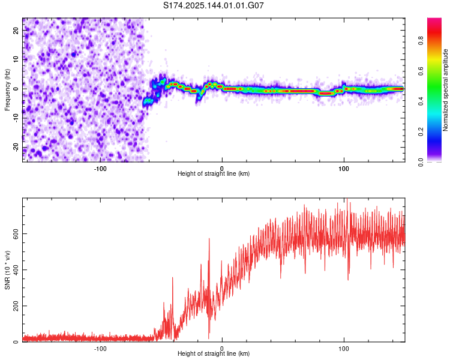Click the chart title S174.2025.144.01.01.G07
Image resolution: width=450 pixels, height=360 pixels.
pos(213,5)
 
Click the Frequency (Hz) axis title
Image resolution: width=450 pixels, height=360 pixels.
pos(7,90)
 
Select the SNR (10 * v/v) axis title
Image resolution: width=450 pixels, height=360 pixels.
pos(7,270)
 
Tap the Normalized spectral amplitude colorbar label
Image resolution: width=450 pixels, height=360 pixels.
pos(445,90)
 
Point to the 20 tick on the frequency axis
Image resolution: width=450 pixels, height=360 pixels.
pos(16,30)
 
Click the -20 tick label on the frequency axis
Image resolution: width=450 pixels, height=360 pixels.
pos(16,148)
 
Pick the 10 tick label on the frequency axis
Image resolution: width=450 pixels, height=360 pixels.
pos(16,59)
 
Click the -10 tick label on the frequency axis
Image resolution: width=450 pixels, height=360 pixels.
pos(16,118)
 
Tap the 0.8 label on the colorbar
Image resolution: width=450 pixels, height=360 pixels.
pos(421,41)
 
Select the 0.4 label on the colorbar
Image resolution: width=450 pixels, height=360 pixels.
pos(421,101)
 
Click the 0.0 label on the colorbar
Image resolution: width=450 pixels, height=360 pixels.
pos(421,162)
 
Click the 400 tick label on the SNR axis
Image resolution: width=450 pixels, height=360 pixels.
pos(16,270)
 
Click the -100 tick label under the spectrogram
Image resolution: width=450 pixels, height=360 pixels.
pos(100,169)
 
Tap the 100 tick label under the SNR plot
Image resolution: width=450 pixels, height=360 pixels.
pos(344,349)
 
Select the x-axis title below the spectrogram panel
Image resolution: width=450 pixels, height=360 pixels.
pos(214,173)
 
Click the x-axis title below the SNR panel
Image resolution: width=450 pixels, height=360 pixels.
pos(214,353)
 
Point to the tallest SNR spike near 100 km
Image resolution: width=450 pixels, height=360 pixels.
pos(347,199)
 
